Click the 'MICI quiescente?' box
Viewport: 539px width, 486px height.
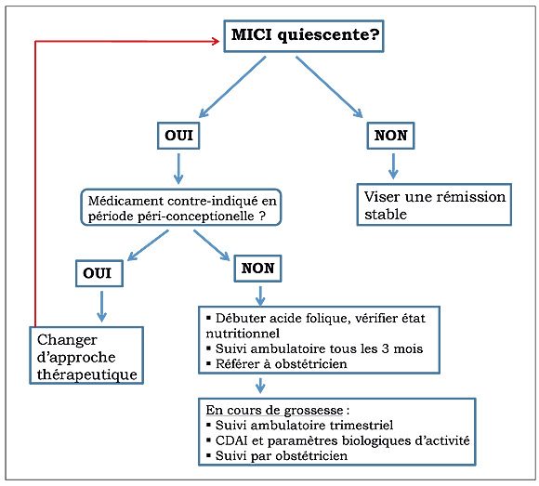(304, 36)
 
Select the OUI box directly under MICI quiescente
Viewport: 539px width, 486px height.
(178, 136)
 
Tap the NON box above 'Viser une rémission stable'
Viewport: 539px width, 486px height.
(390, 136)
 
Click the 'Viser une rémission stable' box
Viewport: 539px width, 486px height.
(434, 204)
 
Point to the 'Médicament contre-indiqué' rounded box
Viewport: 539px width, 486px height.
(181, 207)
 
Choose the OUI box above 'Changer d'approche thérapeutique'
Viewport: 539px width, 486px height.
(99, 273)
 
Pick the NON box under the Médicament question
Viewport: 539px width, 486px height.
(257, 269)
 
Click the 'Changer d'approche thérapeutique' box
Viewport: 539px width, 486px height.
(86, 355)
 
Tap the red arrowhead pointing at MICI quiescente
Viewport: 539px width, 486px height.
(216, 41)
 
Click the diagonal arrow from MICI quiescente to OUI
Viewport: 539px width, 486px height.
(232, 87)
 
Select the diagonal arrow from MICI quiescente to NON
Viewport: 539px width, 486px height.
(329, 87)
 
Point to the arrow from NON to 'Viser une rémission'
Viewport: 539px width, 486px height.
(393, 166)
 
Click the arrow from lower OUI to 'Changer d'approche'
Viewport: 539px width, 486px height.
(101, 307)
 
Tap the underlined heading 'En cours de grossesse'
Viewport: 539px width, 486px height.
(274, 410)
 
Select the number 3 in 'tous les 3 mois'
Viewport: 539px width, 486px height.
(385, 348)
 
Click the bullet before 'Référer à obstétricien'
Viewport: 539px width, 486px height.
(208, 363)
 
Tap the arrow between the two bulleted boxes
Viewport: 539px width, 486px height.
(260, 386)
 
